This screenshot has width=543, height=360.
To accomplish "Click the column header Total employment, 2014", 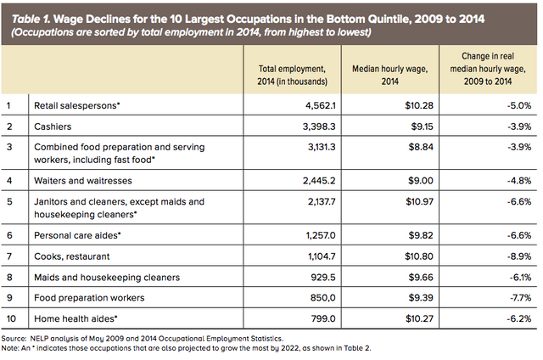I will tap(289, 74).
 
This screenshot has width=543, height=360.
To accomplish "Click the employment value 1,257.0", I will tap(307, 235).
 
